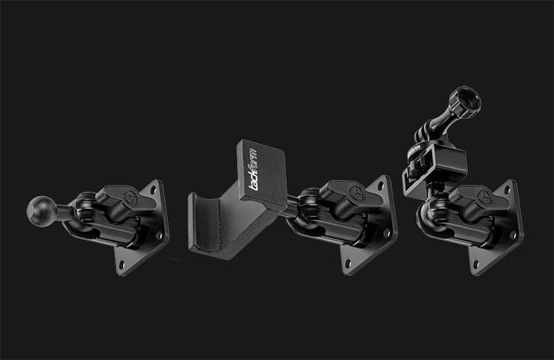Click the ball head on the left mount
tap(39, 209)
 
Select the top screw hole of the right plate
tap(508, 188)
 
